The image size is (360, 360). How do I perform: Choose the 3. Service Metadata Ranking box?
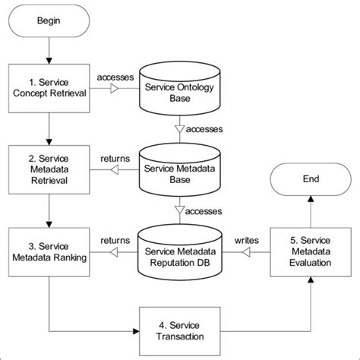click(48, 251)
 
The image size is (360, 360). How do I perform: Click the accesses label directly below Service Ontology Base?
click(203, 129)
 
